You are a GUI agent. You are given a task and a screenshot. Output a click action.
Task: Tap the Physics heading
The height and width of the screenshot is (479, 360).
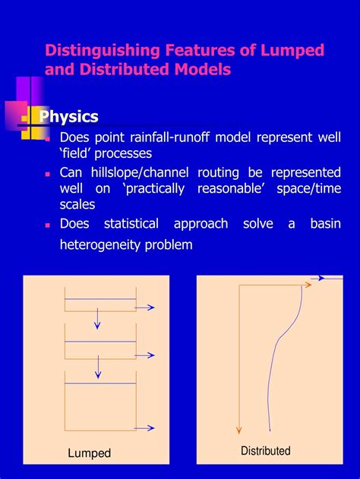[x=68, y=117]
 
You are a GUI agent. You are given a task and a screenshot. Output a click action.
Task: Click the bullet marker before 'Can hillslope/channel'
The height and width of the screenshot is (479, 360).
[x=48, y=173]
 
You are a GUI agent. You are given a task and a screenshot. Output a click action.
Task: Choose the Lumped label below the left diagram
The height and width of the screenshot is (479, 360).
[x=89, y=453]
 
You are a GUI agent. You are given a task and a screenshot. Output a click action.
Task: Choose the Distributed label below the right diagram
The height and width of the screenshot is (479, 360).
[x=266, y=451]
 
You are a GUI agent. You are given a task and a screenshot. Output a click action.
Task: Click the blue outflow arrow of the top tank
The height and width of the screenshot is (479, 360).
[x=146, y=307]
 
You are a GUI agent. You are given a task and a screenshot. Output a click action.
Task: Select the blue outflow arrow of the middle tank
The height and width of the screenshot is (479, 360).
[x=146, y=355]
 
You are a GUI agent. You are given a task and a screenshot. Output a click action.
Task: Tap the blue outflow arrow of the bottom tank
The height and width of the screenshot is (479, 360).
[x=146, y=428]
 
